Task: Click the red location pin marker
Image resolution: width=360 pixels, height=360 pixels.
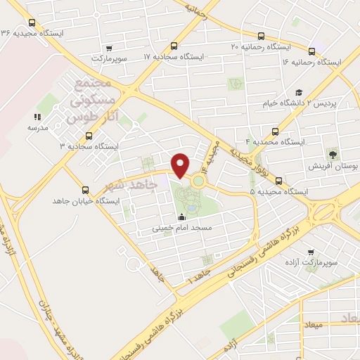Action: pyautogui.click(x=181, y=165)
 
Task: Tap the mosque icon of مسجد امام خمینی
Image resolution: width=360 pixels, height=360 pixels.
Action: pyautogui.click(x=182, y=217)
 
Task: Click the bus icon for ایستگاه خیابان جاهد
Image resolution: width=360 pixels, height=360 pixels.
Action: pyautogui.click(x=86, y=189)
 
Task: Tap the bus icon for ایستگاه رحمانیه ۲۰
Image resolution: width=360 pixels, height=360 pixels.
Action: pyautogui.click(x=262, y=35)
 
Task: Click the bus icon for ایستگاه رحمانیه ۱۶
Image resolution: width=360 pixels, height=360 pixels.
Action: pyautogui.click(x=312, y=51)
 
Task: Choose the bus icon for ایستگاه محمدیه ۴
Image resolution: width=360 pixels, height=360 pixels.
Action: pyautogui.click(x=274, y=131)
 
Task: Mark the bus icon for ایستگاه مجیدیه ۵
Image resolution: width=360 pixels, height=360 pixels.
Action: pyautogui.click(x=279, y=180)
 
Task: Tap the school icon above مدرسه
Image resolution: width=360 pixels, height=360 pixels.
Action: pyautogui.click(x=36, y=117)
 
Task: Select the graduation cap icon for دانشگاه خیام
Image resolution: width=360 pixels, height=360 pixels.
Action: pyautogui.click(x=299, y=92)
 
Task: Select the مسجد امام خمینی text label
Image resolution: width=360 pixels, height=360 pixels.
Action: pyautogui.click(x=187, y=229)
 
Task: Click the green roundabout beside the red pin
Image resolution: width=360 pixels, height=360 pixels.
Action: pyautogui.click(x=198, y=181)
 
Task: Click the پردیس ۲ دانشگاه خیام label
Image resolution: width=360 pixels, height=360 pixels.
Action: pyautogui.click(x=321, y=104)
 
